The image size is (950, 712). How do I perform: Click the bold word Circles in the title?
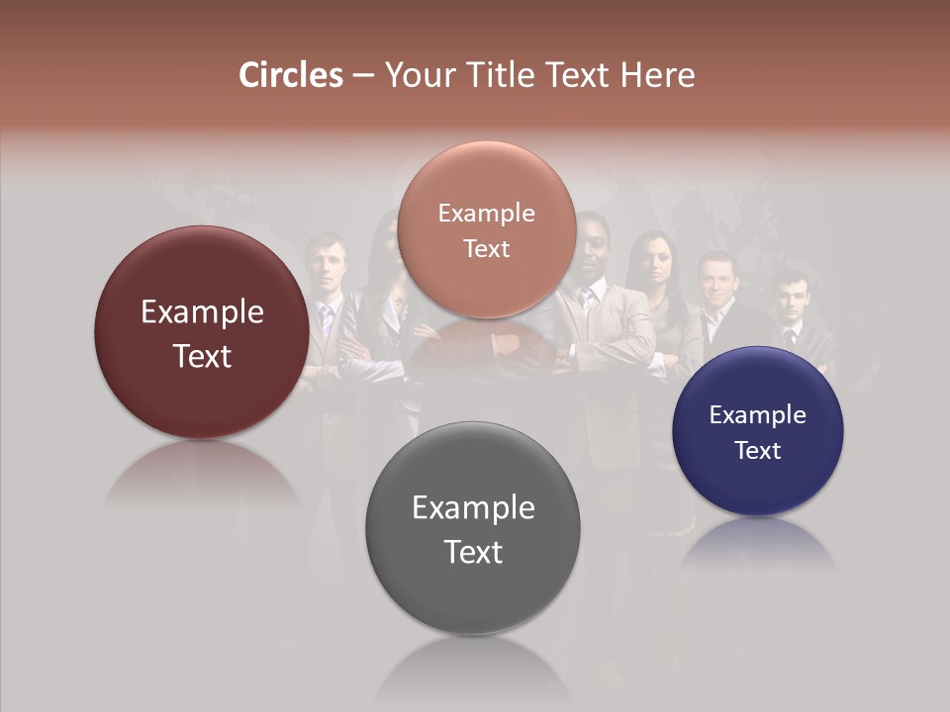coord(291,75)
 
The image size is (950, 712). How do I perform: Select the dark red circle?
coord(202,332)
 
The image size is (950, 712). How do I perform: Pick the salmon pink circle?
coord(487,229)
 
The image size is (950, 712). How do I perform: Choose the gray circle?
coord(473,529)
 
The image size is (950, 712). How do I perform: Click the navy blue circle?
coord(758,431)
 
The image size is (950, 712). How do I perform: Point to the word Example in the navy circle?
coord(758,414)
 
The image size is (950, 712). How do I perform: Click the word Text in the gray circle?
coord(473,552)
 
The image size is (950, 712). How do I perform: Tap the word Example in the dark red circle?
coord(202,312)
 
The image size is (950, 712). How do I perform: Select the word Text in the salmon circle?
coord(487,249)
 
